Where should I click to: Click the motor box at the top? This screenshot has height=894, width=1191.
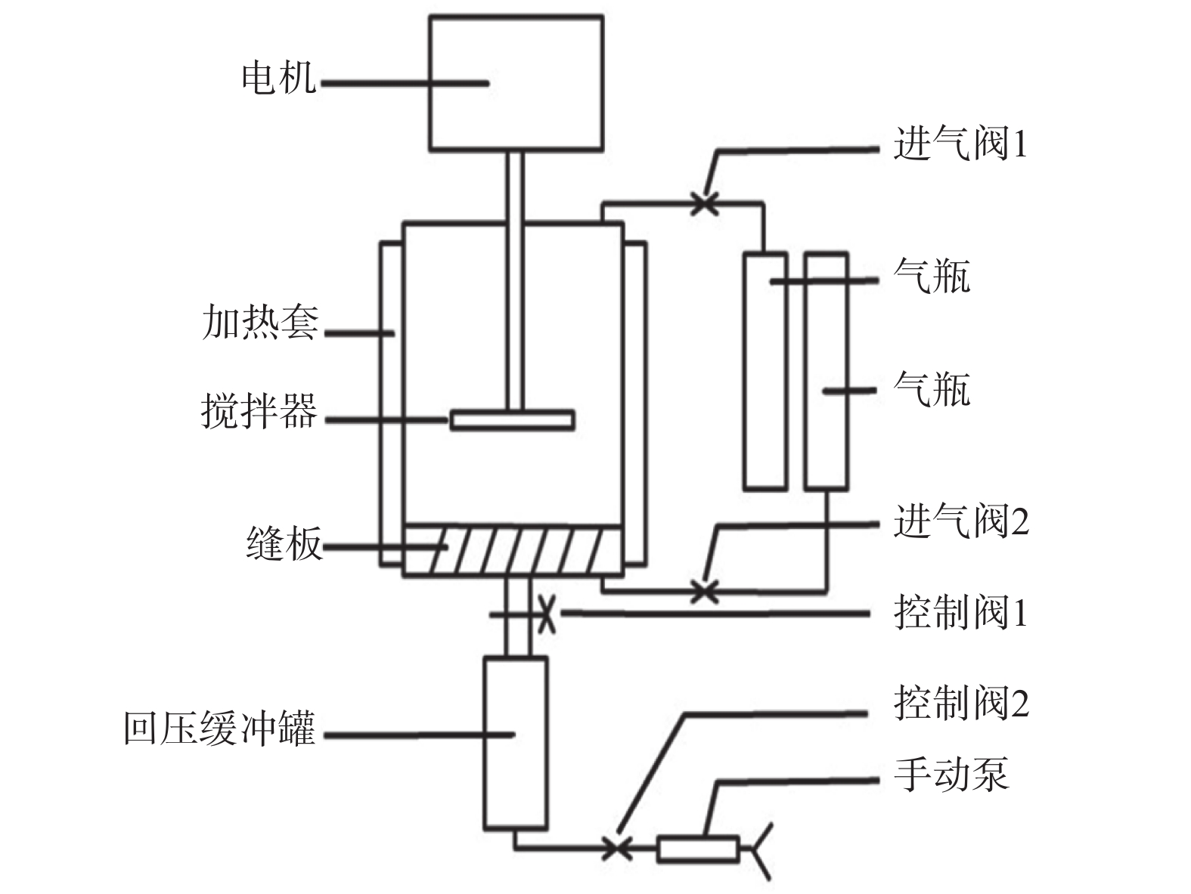click(x=516, y=83)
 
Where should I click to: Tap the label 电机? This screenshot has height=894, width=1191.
click(x=278, y=78)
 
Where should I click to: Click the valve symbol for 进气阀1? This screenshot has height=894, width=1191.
click(x=705, y=203)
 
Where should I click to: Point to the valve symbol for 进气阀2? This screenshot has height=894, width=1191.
click(x=705, y=590)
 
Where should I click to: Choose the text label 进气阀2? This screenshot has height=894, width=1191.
click(x=960, y=521)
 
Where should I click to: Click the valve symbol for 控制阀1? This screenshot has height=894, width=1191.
click(x=547, y=614)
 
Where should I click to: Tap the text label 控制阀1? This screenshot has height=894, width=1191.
click(x=960, y=612)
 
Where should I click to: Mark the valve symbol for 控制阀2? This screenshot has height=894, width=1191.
click(x=619, y=847)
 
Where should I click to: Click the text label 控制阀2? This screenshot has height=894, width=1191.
click(x=960, y=703)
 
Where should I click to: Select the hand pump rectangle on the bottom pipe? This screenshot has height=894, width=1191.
click(x=697, y=849)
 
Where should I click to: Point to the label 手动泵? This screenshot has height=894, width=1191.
click(x=951, y=775)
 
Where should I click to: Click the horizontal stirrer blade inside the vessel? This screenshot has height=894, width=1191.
click(x=512, y=419)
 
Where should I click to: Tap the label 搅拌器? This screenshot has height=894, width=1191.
click(x=259, y=413)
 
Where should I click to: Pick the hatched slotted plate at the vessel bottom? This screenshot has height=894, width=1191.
click(x=513, y=550)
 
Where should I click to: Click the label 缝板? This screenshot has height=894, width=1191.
click(x=284, y=544)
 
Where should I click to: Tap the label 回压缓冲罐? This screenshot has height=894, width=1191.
click(x=219, y=729)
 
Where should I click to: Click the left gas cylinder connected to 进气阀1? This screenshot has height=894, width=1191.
click(x=765, y=372)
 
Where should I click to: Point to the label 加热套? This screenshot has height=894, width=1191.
click(x=260, y=323)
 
